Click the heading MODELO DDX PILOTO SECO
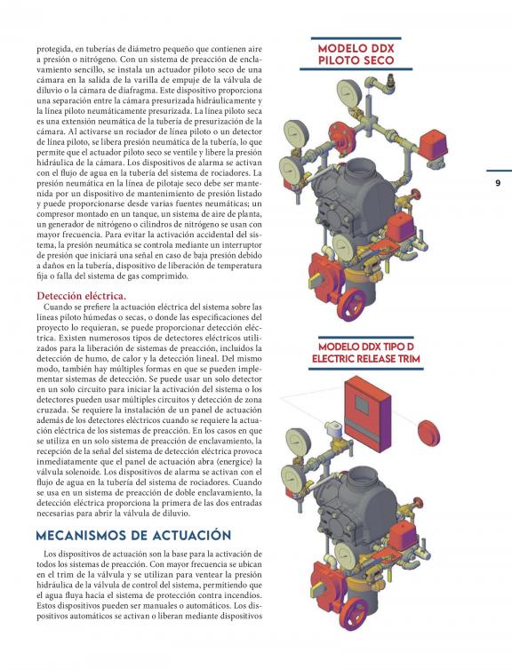[x=356, y=54]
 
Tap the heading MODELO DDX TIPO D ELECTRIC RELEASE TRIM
[x=366, y=353]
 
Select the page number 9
[x=498, y=183]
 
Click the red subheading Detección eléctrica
[x=81, y=296]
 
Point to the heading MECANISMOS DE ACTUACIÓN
[x=133, y=536]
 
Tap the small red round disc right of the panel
[x=428, y=433]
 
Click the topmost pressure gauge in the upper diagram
[x=349, y=91]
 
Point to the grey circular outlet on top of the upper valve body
[x=359, y=169]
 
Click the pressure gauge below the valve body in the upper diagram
[x=345, y=246]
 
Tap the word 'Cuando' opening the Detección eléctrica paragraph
[x=55, y=307]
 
